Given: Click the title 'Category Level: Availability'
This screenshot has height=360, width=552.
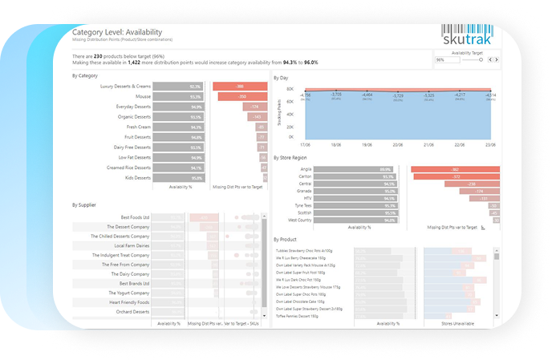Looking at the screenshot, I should coord(118,31).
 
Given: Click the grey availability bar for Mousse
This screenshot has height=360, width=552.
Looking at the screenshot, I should coord(177,96).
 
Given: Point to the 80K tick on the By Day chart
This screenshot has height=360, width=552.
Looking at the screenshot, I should coord(290,89).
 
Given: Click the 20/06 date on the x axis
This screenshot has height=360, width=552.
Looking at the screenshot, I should coord(398,145).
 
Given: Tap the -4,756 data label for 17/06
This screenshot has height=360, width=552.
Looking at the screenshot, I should coord(305,95).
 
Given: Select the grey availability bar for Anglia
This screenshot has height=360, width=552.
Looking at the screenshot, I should coord(353,170).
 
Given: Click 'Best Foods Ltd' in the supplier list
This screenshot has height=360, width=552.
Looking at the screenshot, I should coord(134,217).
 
